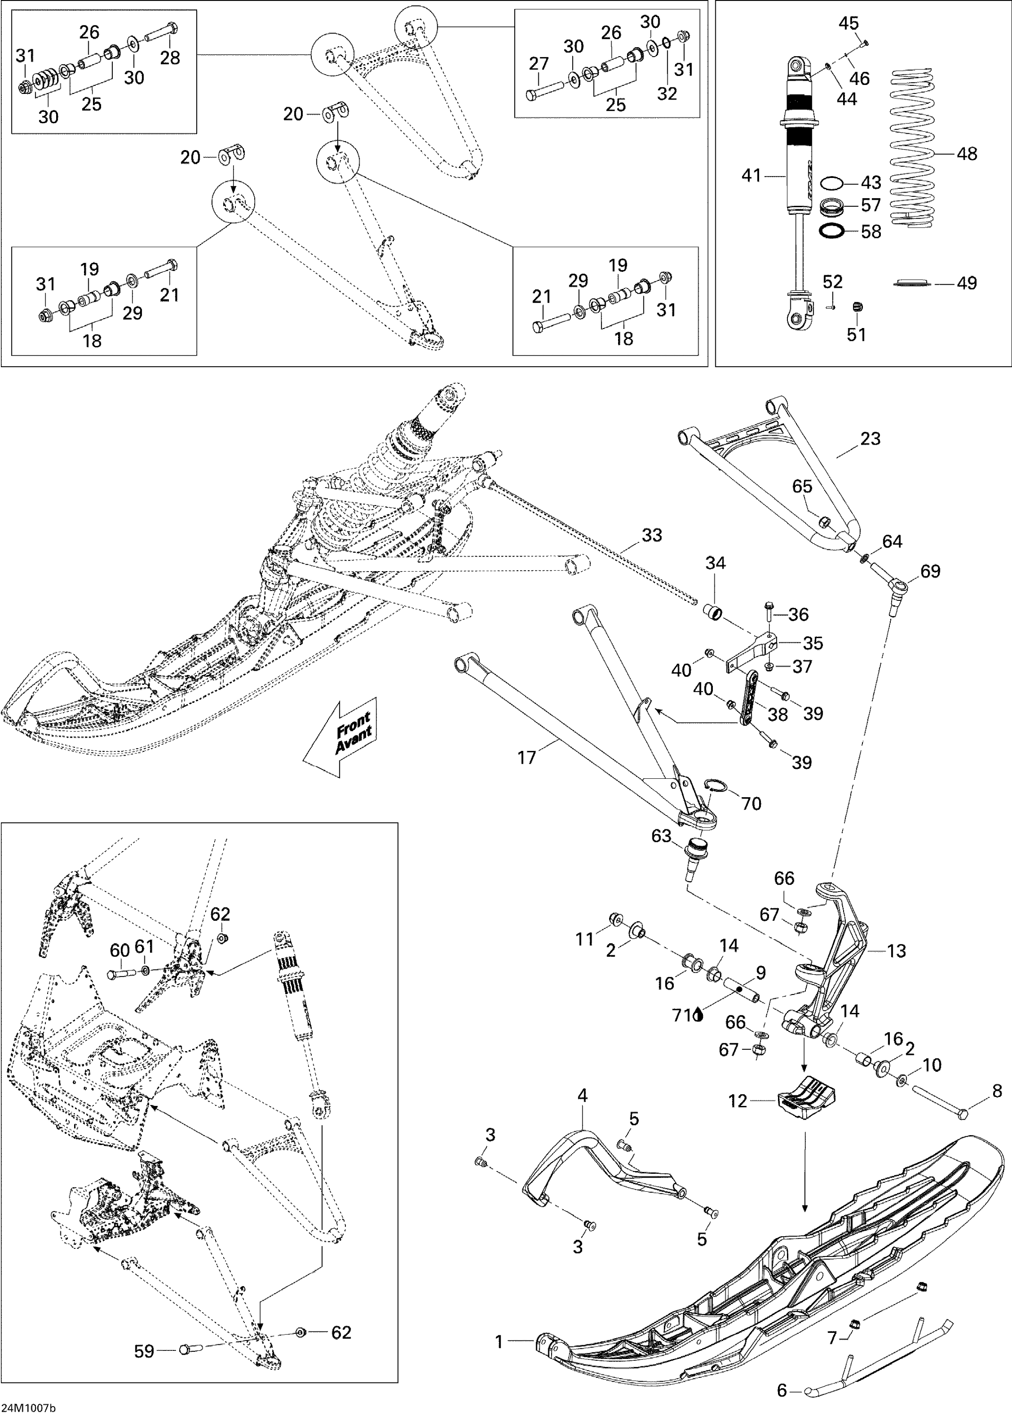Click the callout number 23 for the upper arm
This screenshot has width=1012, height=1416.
[870, 439]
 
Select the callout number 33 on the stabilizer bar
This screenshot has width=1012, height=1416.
[652, 535]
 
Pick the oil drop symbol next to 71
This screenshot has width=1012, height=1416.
[699, 1015]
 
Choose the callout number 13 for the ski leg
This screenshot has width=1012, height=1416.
[896, 951]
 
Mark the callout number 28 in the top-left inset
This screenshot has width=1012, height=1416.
[169, 57]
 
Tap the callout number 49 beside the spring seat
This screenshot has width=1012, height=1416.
[967, 283]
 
